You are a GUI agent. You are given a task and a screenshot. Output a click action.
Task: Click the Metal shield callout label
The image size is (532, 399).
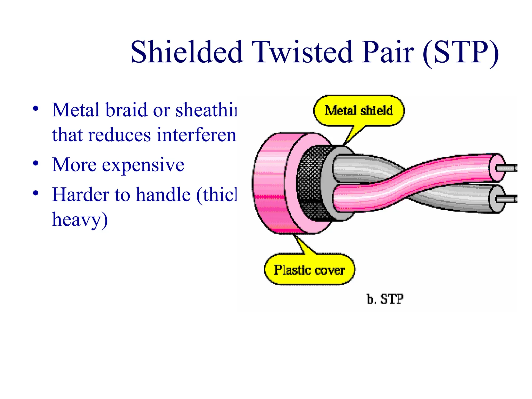359,110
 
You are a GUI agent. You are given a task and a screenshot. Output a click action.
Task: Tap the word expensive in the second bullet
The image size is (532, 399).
143,165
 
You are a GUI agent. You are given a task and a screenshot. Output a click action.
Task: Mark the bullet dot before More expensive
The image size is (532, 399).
36,164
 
